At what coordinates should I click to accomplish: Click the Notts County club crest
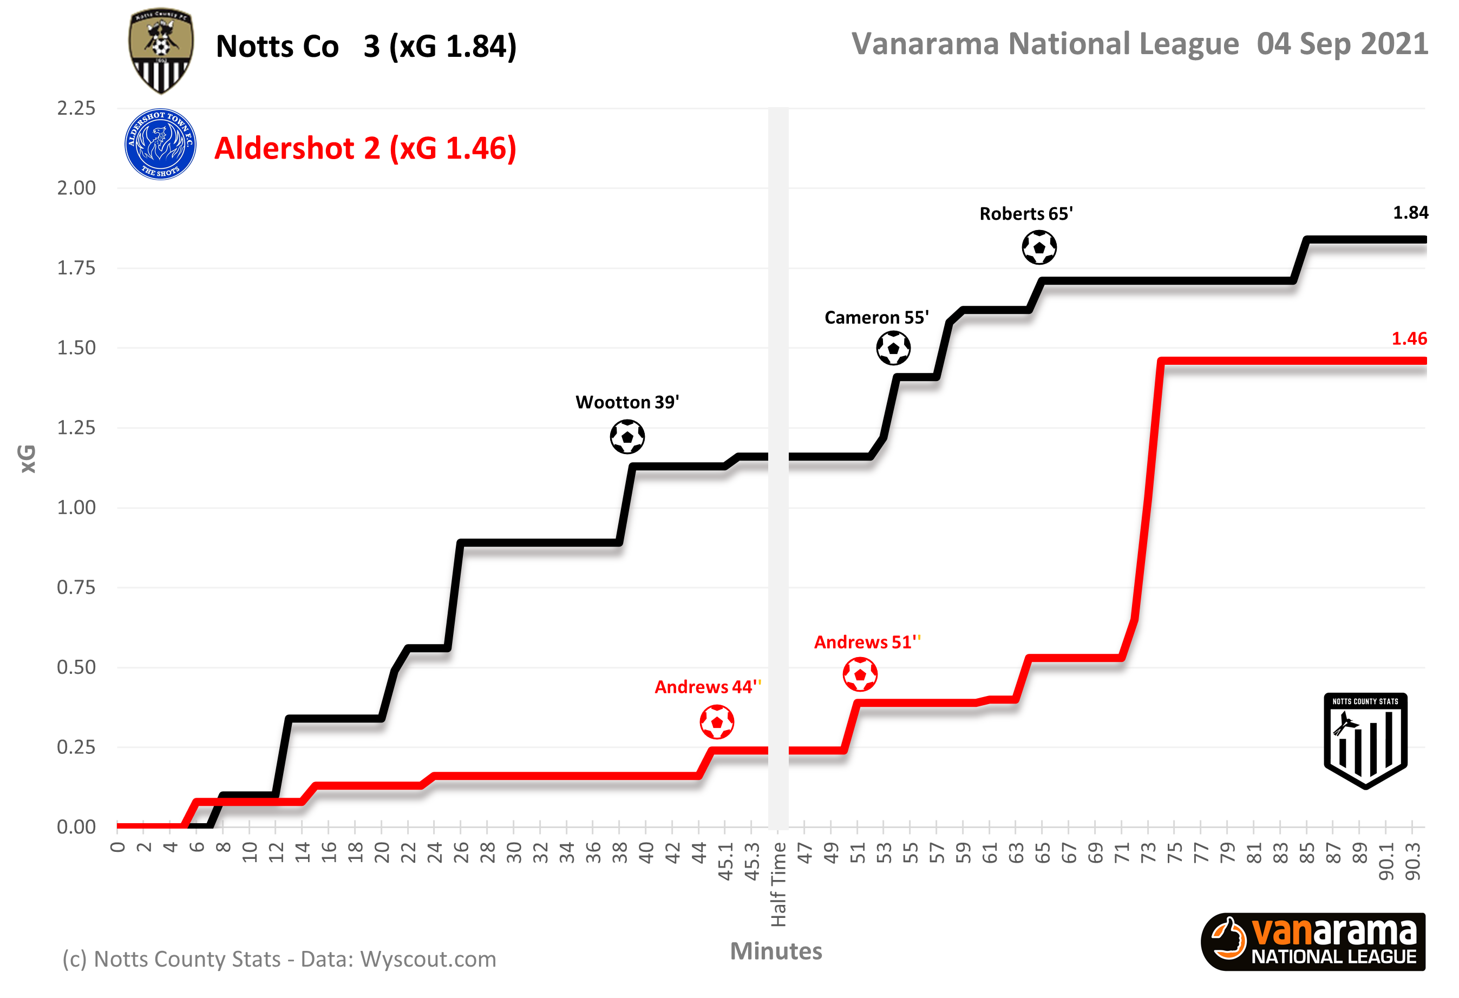pyautogui.click(x=161, y=51)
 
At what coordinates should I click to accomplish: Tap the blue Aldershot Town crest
pyautogui.click(x=160, y=145)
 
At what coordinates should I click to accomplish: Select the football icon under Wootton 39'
pyautogui.click(x=627, y=437)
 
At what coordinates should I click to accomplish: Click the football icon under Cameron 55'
pyautogui.click(x=893, y=348)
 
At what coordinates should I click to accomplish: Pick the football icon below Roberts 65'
pyautogui.click(x=1039, y=247)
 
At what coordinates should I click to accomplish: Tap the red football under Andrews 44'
pyautogui.click(x=717, y=722)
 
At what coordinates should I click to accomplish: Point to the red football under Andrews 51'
pyautogui.click(x=860, y=675)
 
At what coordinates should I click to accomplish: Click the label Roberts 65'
pyautogui.click(x=1026, y=214)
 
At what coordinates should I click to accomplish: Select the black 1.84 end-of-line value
pyautogui.click(x=1410, y=213)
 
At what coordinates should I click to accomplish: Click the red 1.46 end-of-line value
pyautogui.click(x=1409, y=339)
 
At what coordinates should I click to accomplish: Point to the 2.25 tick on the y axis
pyautogui.click(x=76, y=108)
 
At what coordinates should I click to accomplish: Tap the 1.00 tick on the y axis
pyautogui.click(x=76, y=507)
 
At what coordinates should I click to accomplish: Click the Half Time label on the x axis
pyautogui.click(x=778, y=884)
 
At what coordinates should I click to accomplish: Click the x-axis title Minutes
pyautogui.click(x=776, y=951)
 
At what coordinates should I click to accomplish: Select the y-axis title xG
pyautogui.click(x=28, y=459)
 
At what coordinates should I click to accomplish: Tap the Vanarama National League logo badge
pyautogui.click(x=1313, y=942)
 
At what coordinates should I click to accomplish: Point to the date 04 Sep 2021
pyautogui.click(x=1342, y=44)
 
